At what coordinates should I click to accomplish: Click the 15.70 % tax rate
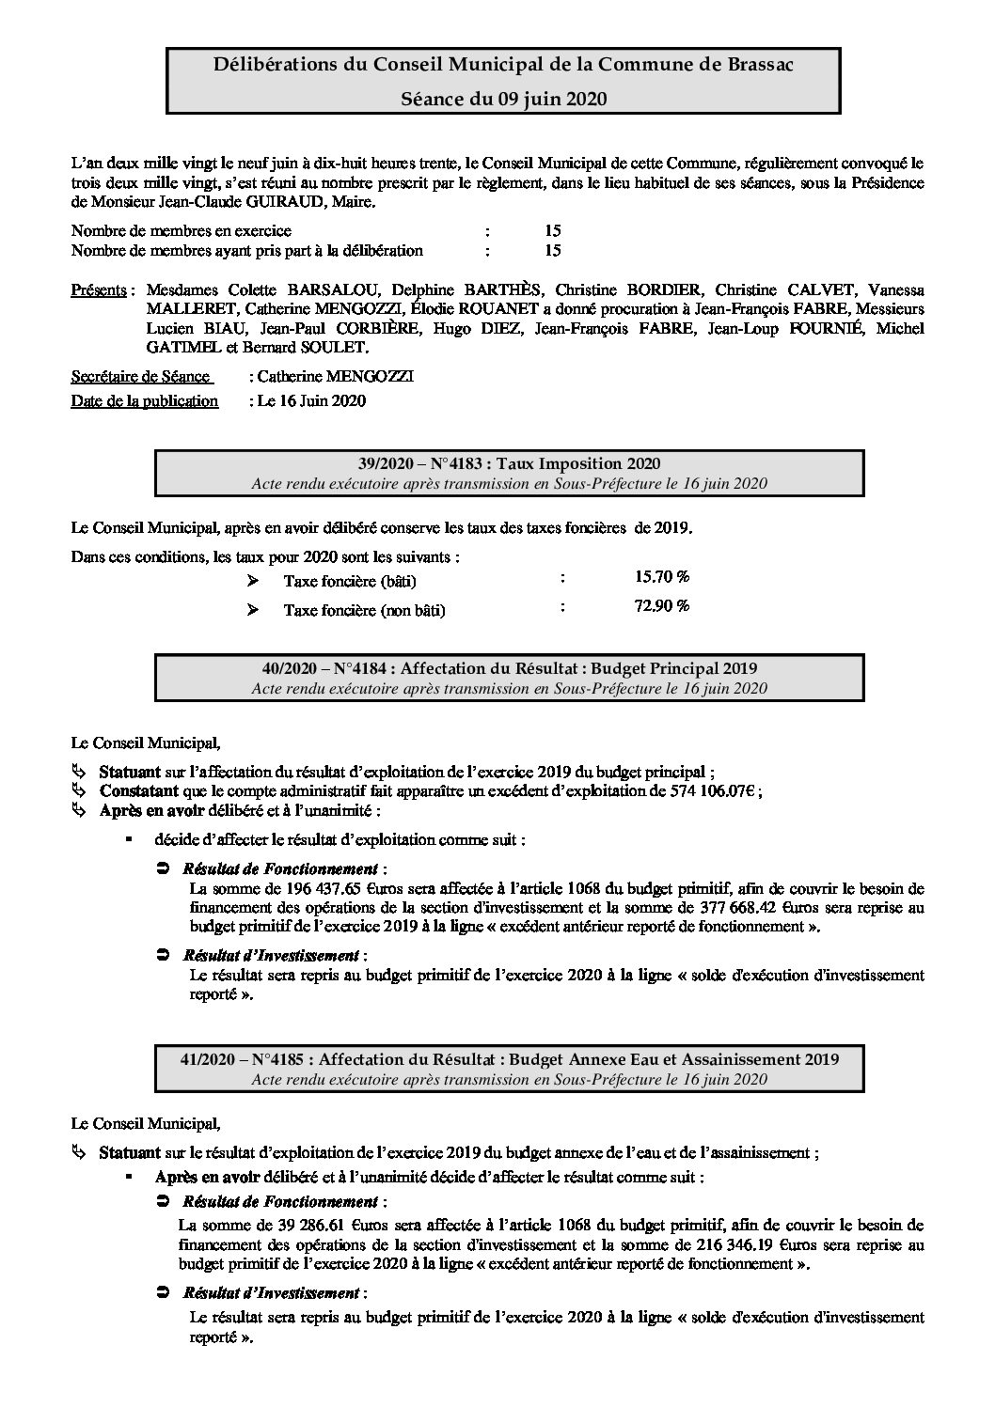click(662, 576)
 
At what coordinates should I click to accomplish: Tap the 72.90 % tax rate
click(662, 605)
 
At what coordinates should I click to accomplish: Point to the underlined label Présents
click(100, 289)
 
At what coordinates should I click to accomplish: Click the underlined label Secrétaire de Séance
click(140, 377)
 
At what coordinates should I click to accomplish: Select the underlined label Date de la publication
click(145, 400)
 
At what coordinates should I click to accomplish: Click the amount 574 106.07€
click(711, 790)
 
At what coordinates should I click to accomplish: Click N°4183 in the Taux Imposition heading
click(440, 463)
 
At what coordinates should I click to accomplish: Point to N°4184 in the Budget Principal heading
click(353, 668)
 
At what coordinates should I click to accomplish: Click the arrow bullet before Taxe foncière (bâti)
click(252, 581)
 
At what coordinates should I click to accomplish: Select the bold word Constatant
click(138, 790)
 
